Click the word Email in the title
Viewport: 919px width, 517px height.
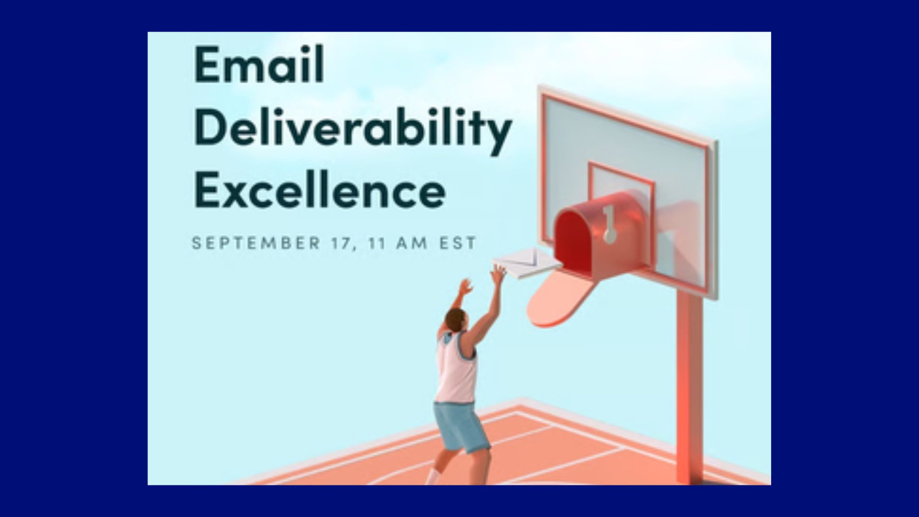click(259, 64)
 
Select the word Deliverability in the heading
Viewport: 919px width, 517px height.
click(353, 128)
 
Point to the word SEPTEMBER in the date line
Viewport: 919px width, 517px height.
click(256, 243)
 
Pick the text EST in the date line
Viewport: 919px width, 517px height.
click(458, 243)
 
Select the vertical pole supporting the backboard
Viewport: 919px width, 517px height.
click(689, 383)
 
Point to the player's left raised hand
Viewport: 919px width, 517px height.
click(464, 287)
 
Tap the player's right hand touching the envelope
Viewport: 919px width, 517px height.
click(499, 274)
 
